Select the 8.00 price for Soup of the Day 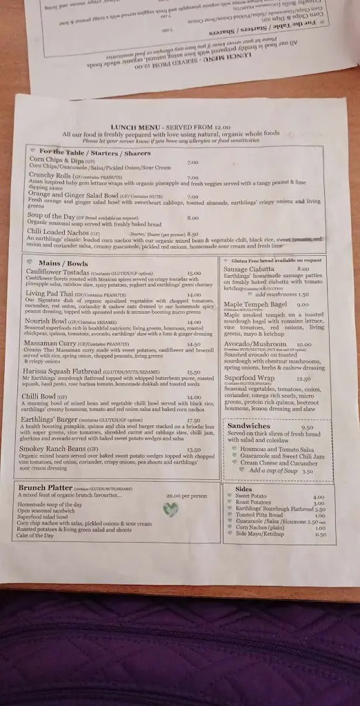coord(192,218)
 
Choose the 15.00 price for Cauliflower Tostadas coord(194,274)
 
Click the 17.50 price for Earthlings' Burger coord(193,421)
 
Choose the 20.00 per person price coord(186,496)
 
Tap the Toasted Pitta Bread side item coord(261,515)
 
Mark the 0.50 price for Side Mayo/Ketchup coord(321,535)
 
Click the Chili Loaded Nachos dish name coord(59,233)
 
